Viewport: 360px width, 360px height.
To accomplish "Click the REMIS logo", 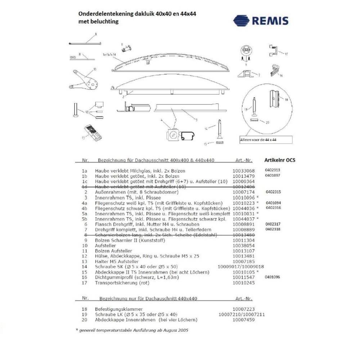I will click(261, 21).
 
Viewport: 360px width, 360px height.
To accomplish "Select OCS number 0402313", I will click(273, 170).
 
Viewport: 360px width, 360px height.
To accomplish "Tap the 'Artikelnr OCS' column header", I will click(280, 160).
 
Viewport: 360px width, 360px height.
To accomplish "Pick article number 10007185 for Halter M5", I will click(243, 261).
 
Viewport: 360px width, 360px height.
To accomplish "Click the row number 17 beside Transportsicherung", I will click(85, 283).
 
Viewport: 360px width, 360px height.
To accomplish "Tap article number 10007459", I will click(243, 320).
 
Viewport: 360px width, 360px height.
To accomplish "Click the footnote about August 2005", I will click(133, 330).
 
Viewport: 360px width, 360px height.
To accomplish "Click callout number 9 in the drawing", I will click(96, 34).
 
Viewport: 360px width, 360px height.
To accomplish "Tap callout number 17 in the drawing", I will click(287, 54).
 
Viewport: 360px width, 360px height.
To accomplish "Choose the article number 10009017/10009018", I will click(241, 266).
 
